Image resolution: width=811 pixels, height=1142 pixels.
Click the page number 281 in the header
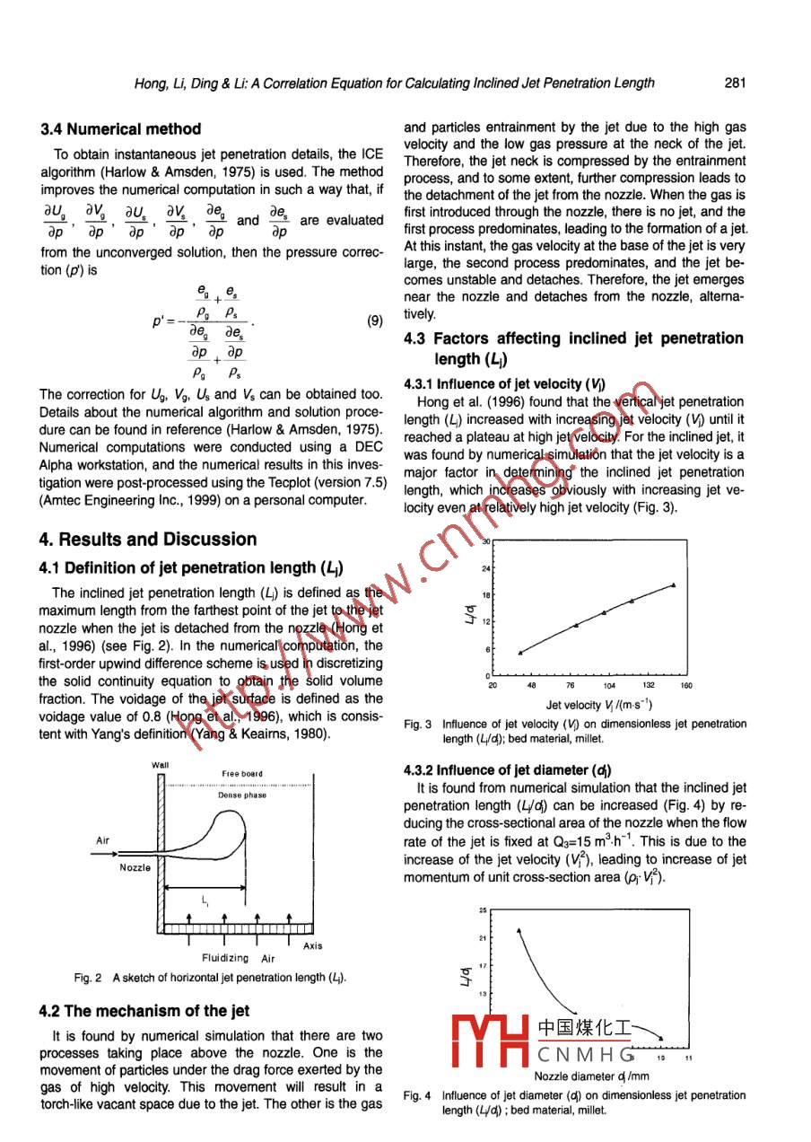(x=735, y=83)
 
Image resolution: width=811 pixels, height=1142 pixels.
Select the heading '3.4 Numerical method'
(x=120, y=129)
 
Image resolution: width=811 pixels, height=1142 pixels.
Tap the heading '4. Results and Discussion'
(x=148, y=540)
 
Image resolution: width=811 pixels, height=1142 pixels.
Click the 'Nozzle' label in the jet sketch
(x=135, y=867)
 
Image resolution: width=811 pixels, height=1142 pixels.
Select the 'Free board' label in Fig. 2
(x=241, y=774)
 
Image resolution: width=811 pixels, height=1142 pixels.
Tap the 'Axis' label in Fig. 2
(x=312, y=945)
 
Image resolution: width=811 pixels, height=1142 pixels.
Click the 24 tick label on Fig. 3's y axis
(x=485, y=568)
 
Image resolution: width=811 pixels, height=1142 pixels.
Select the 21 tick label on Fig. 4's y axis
(x=482, y=938)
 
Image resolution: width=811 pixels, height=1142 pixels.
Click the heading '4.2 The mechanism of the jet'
(x=144, y=1011)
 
